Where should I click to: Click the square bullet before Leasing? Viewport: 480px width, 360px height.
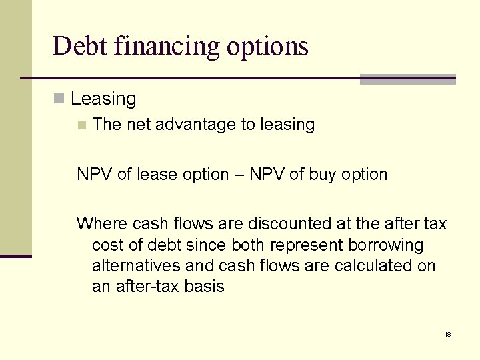59,99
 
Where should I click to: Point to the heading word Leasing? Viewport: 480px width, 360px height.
103,99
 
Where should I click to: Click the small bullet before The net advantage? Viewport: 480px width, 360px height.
81,125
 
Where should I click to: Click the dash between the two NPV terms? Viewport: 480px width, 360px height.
239,175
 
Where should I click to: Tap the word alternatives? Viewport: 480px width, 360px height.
136,266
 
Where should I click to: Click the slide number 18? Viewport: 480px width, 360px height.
448,334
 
